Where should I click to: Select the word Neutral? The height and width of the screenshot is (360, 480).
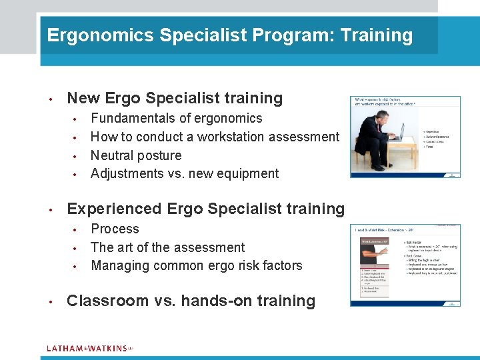pos(111,155)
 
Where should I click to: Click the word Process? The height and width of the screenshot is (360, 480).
pos(115,229)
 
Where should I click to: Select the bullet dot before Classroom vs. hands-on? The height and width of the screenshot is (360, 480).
pos(51,301)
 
